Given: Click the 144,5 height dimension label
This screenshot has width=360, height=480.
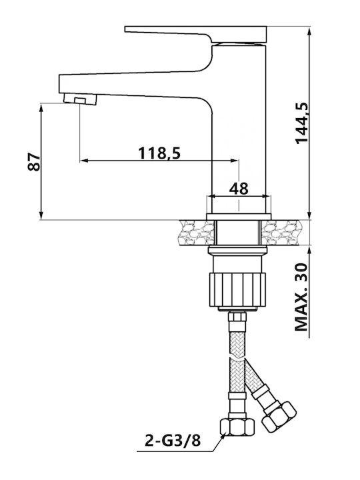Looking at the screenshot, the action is click(301, 123).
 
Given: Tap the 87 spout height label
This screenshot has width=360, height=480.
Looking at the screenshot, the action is click(34, 161).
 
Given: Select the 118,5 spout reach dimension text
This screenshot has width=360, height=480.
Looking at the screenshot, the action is click(159, 153).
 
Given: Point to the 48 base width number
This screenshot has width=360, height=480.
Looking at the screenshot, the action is click(239, 188).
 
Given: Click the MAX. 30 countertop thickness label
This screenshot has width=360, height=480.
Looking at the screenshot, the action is click(301, 297).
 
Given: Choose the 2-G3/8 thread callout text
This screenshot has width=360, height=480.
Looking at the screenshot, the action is click(173, 441).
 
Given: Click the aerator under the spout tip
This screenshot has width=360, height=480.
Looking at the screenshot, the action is click(80, 99).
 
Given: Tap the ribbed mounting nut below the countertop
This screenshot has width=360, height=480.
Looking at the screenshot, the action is click(237, 289).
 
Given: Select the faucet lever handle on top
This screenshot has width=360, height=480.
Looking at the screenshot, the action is click(196, 34).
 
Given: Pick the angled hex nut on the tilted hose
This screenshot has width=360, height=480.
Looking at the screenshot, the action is click(279, 417).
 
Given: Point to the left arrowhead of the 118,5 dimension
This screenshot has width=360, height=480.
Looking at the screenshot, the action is click(84, 160).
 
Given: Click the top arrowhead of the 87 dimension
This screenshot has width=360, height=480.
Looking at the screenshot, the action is click(41, 107).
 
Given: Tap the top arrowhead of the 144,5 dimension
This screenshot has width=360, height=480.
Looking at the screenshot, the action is click(309, 31).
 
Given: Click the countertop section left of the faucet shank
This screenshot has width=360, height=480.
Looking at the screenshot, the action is click(197, 233).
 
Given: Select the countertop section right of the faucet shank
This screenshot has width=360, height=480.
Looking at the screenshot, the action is click(281, 233).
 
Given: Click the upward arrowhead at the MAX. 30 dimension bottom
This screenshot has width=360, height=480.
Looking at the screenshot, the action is click(309, 251).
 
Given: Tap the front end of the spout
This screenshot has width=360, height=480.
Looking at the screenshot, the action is click(60, 84).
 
